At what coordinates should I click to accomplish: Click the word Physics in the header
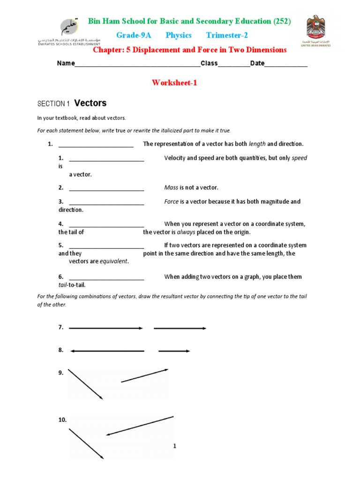179,36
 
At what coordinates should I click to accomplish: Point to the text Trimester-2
227,36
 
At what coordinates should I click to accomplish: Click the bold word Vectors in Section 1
90,103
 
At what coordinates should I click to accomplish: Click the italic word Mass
171,187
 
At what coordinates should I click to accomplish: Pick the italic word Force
172,202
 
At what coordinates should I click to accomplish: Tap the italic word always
185,232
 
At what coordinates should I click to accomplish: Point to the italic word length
257,144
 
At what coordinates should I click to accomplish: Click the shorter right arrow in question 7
180,328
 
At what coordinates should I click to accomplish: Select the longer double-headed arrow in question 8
106,351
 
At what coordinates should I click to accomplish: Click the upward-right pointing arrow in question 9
144,375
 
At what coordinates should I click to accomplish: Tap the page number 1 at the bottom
174,446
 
